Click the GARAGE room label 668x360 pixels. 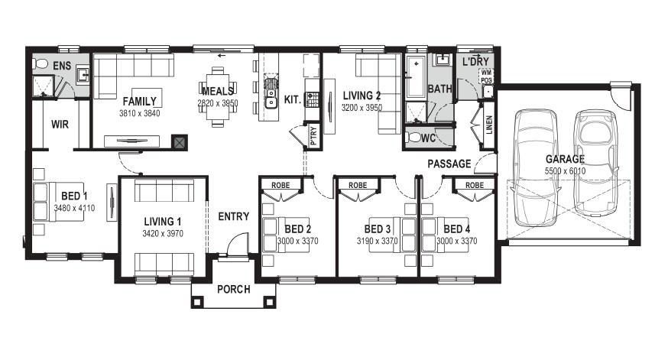point(565,159)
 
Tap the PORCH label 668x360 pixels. point(233,289)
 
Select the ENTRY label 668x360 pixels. point(233,216)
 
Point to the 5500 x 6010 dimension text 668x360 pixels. point(565,171)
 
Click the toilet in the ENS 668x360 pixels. point(40,64)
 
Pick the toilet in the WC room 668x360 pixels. point(413,138)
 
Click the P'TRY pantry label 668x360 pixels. point(313,135)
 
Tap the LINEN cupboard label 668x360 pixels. point(489,125)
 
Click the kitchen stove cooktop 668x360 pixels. point(313,99)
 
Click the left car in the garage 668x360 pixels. point(536,167)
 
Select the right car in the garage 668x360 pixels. point(595,163)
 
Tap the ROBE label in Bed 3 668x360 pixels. point(358,185)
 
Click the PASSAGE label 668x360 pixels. point(449,164)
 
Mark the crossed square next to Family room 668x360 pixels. point(180,143)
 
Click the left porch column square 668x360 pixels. point(196,302)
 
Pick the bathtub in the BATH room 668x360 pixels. point(416,77)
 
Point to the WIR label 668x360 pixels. point(60,125)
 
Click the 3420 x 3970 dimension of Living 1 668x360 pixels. point(163,233)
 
